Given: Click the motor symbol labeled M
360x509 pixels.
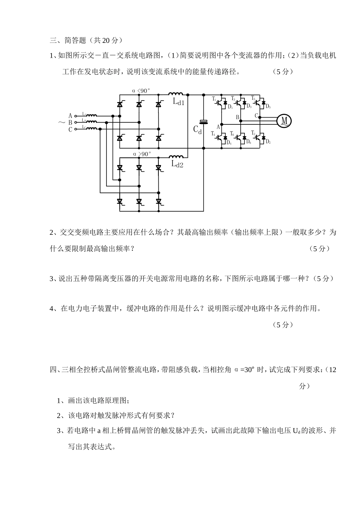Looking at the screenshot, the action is point(284,121).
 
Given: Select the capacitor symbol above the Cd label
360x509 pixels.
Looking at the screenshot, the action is point(204,122).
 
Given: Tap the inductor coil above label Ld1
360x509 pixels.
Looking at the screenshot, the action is point(176,94).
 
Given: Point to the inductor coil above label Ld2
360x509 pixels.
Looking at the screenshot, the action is point(176,156).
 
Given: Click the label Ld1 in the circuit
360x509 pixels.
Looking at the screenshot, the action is point(178,102).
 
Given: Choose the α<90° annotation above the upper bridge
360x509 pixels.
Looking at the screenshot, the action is point(141,91).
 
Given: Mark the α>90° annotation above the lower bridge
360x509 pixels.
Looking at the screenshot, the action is point(142,154).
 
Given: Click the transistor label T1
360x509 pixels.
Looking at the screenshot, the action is point(214,99).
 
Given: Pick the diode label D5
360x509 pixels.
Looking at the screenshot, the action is point(268,106).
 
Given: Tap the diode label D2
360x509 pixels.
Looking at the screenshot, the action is point(268,142).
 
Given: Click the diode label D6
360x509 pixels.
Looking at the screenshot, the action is point(249,142).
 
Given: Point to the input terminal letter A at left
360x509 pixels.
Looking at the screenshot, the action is point(70,116).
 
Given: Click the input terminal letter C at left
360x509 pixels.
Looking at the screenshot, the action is point(70,129).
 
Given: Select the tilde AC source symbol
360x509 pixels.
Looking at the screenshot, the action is point(61,123).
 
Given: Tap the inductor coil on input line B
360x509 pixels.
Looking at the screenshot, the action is point(91,122).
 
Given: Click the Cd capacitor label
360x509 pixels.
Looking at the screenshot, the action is point(197,130).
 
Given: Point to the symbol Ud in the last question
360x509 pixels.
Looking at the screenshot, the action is point(296,430).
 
